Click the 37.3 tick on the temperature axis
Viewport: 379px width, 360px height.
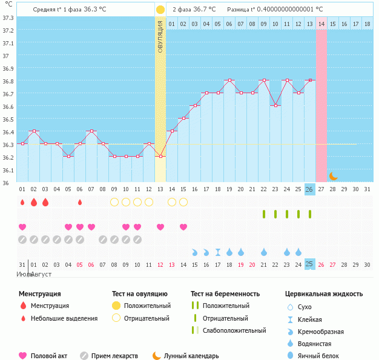click(x=8, y=18)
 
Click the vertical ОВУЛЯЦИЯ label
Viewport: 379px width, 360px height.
click(x=160, y=36)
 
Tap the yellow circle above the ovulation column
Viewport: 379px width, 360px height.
click(x=160, y=10)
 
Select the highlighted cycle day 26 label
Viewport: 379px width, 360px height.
click(x=309, y=189)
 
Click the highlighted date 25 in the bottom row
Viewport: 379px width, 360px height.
click(x=309, y=264)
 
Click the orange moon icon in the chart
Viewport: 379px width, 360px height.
click(x=333, y=176)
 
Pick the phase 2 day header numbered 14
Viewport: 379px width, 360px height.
click(x=321, y=24)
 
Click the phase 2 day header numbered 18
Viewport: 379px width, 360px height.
click(x=367, y=24)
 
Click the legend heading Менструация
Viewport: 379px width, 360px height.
click(x=39, y=293)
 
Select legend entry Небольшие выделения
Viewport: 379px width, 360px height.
click(x=64, y=318)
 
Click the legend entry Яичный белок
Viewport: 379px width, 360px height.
click(x=322, y=356)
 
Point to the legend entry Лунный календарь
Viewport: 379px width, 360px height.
click(x=191, y=356)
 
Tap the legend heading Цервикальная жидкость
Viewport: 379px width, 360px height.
click(x=324, y=293)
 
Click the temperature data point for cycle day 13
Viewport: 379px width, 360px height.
click(x=160, y=156)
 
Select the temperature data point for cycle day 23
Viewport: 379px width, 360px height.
click(x=275, y=105)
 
